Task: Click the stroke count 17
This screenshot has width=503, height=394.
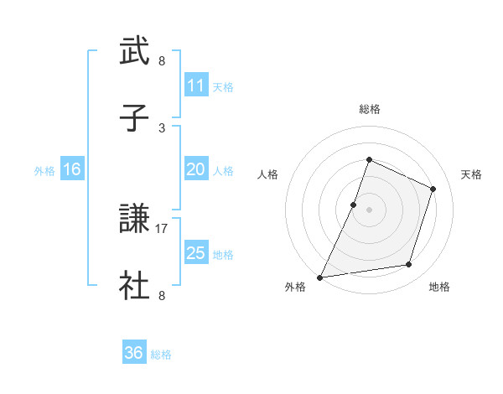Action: [x=162, y=228]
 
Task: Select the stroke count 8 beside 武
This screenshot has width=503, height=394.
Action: [x=162, y=61]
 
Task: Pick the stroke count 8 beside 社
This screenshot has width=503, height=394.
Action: [x=162, y=295]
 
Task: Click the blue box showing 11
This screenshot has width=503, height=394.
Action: [x=195, y=86]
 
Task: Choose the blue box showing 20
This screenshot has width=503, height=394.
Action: [x=195, y=169]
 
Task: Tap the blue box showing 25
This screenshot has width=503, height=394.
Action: [x=195, y=253]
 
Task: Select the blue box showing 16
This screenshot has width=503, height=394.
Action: [x=72, y=169]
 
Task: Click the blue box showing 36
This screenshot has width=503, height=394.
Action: [x=133, y=353]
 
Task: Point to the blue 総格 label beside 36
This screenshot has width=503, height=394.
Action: [x=161, y=355]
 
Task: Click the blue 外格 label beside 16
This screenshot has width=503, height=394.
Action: [x=44, y=171]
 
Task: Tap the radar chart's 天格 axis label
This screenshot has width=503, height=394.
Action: [x=471, y=174]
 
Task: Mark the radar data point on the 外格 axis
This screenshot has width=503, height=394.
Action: [x=320, y=277]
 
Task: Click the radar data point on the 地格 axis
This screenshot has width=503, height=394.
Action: [x=409, y=265]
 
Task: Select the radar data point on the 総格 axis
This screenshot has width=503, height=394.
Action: [x=369, y=159]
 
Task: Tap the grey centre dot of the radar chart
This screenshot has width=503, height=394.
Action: [x=369, y=210]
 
